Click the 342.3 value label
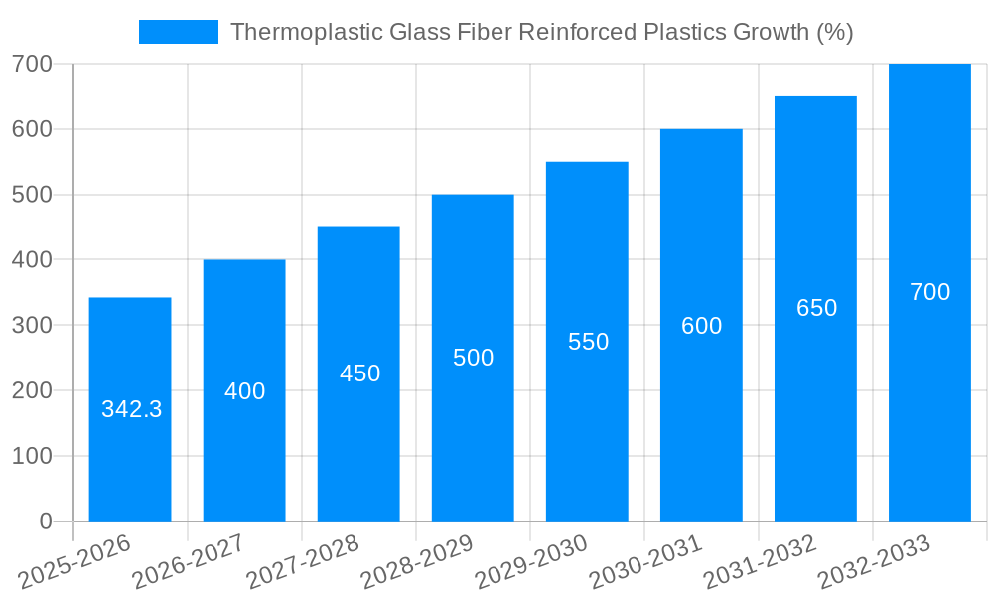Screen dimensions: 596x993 (x=132, y=409)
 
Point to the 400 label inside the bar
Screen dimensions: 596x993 (x=244, y=391)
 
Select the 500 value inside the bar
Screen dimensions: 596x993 (x=473, y=358)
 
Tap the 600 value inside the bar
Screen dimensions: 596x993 (x=701, y=326)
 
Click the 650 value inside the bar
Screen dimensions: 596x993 (x=816, y=308)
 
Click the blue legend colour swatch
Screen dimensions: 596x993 (x=179, y=32)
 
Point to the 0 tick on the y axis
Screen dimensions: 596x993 (x=46, y=521)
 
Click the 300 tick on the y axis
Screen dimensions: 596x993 (x=32, y=325)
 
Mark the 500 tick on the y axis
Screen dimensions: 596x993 (x=32, y=195)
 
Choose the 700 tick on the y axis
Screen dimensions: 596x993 (x=32, y=64)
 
